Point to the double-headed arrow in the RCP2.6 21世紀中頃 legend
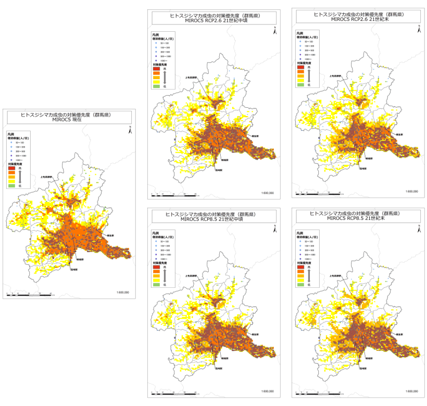(165, 77)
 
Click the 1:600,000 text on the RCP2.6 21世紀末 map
(411, 192)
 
